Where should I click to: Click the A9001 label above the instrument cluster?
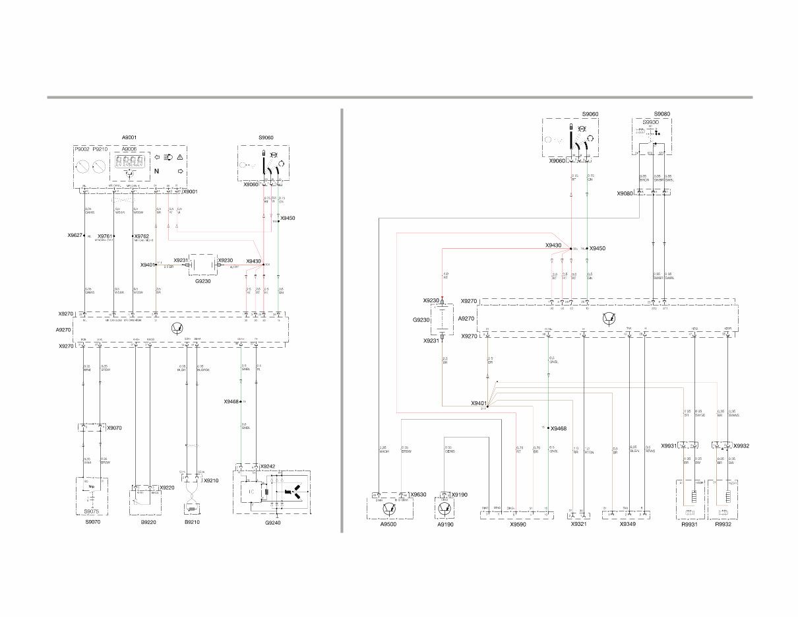coord(129,137)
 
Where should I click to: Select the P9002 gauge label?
coord(82,150)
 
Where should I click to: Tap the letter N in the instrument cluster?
coord(156,172)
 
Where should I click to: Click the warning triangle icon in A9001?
coord(179,157)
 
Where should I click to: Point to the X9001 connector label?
coord(191,191)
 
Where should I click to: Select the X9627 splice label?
coord(75,235)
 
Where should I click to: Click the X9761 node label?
coord(105,236)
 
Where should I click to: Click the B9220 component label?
coord(148,522)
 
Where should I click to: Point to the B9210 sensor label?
coord(192,522)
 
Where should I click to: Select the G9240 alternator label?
coord(272,522)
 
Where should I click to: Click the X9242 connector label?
coord(268,467)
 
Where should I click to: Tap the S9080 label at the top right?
coord(661,114)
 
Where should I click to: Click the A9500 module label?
coord(388,525)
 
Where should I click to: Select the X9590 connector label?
coord(518,525)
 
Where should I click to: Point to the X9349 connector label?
coord(628,525)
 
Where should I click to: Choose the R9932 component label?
coord(723,525)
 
